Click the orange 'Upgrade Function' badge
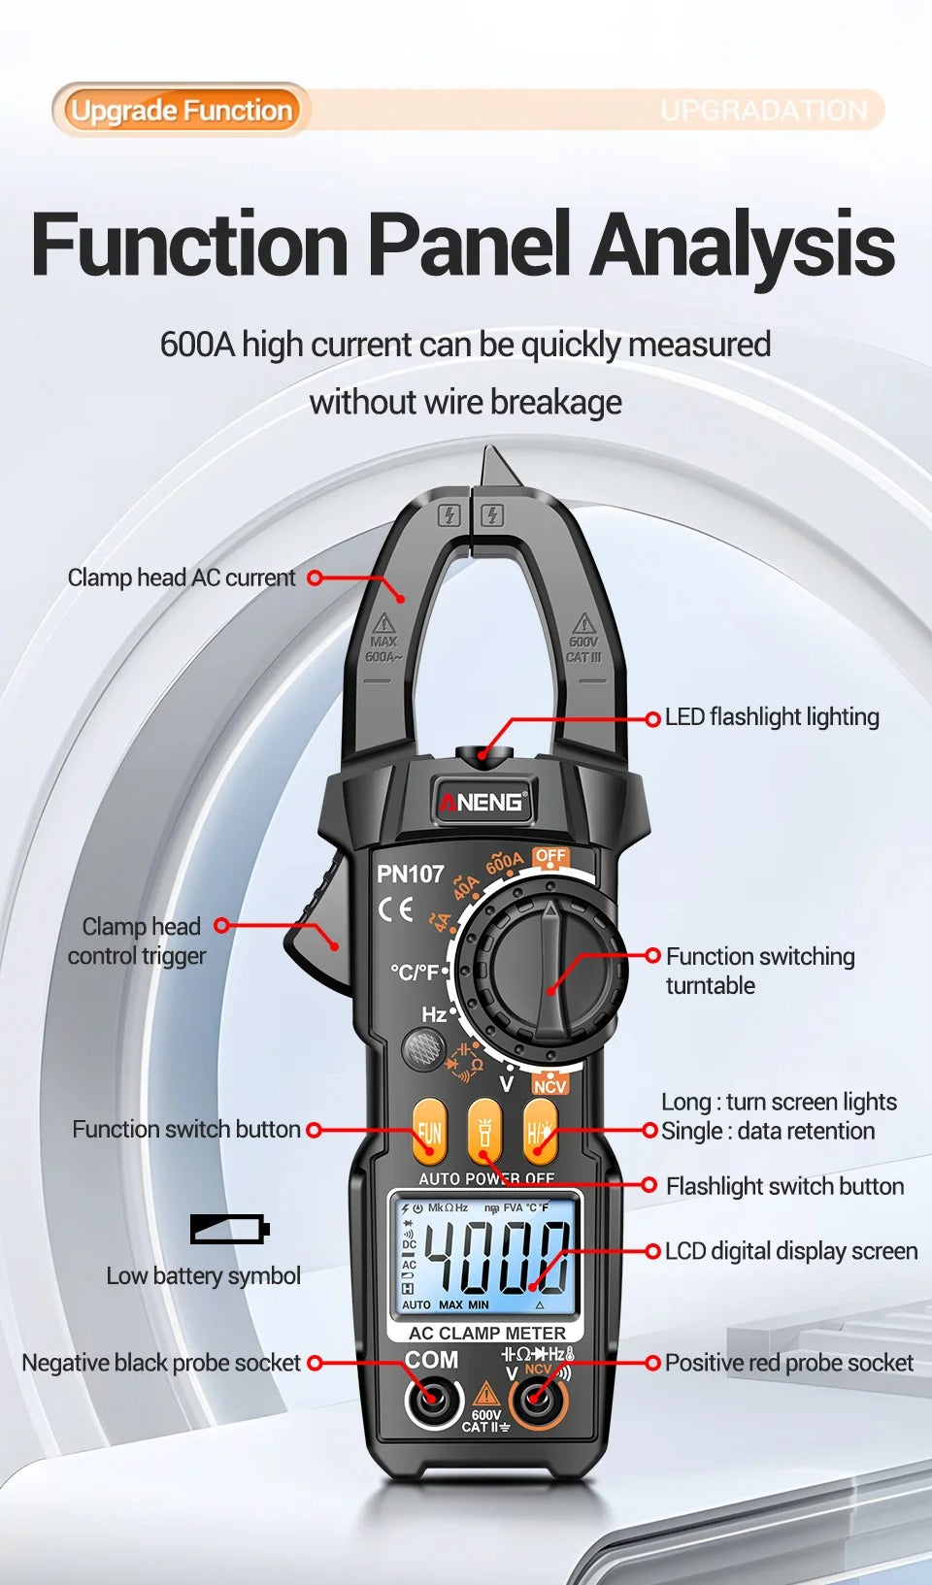click(x=182, y=110)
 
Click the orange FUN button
click(x=428, y=1132)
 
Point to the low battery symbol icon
click(x=229, y=1229)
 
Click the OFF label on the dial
click(x=550, y=857)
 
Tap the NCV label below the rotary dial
click(x=549, y=1086)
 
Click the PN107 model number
click(x=410, y=874)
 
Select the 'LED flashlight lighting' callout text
click(x=772, y=717)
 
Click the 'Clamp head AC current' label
click(x=182, y=578)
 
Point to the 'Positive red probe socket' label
click(x=788, y=1363)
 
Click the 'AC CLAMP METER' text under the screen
click(x=486, y=1334)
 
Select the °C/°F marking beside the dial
click(x=415, y=972)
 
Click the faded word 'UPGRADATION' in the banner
click(x=764, y=111)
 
